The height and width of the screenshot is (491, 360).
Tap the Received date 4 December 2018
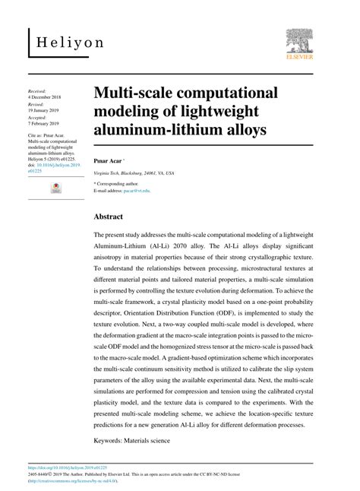[x=65, y=97]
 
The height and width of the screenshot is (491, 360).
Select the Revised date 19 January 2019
[x=63, y=110]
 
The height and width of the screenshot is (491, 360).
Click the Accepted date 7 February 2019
[x=63, y=124]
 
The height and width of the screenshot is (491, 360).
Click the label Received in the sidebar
[x=58, y=90]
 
